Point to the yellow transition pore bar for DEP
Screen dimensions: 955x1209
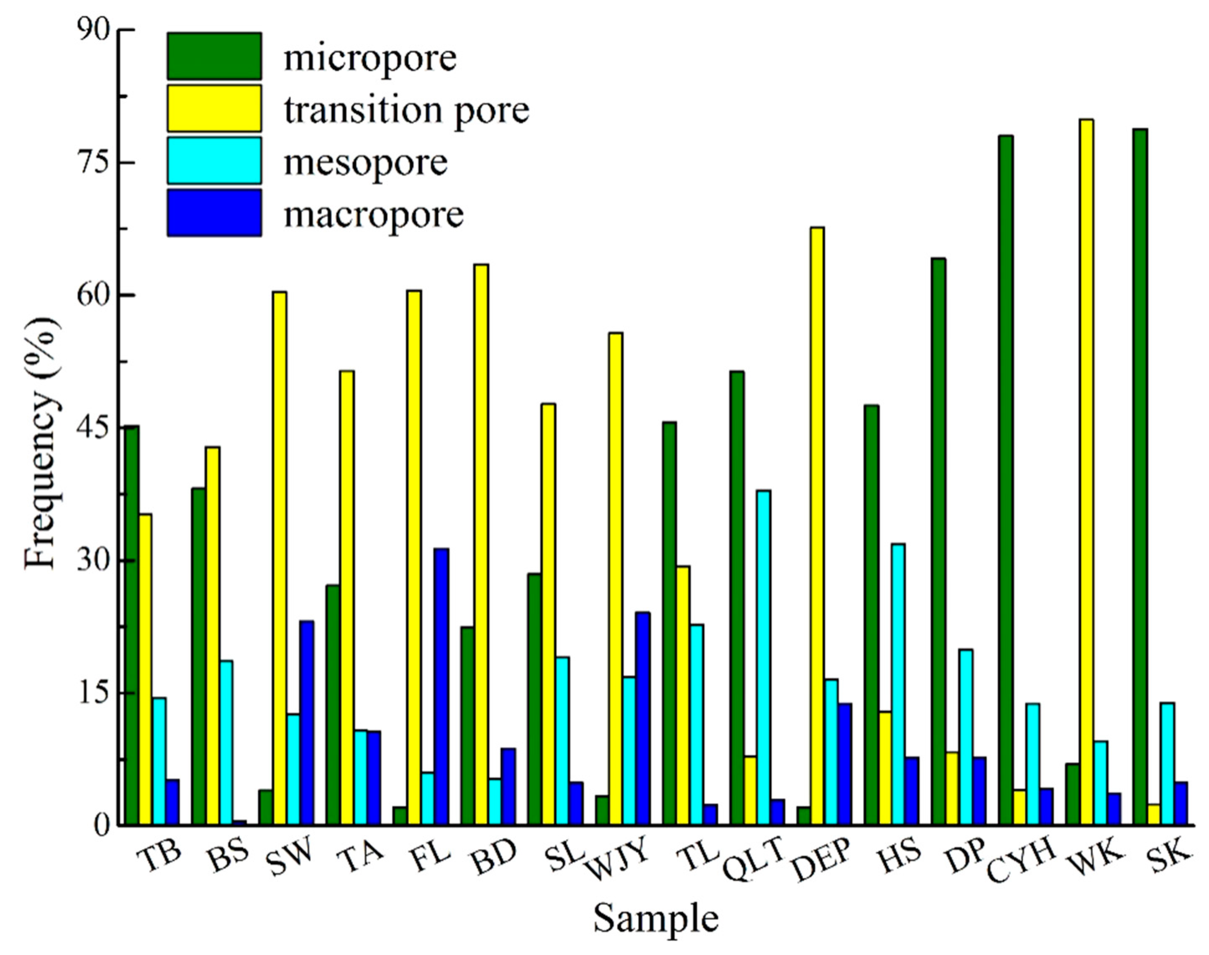[x=817, y=525]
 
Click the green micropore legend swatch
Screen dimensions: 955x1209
[x=214, y=56]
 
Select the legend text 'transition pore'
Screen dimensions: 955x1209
[x=406, y=110]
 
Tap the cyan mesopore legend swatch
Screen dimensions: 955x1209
[x=214, y=161]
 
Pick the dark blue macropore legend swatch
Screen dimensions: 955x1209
[x=214, y=213]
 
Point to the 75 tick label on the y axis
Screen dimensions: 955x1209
[x=92, y=162]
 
